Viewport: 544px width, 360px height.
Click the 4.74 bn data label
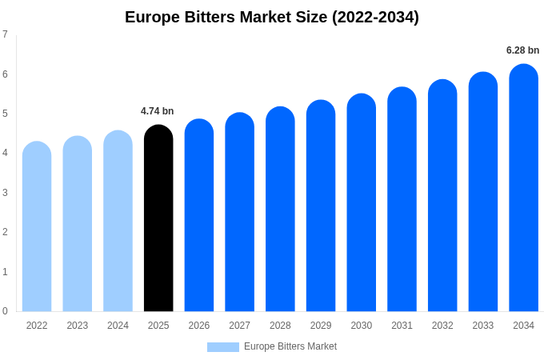click(157, 111)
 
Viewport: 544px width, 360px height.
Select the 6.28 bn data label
click(522, 50)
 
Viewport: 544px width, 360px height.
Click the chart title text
click(272, 17)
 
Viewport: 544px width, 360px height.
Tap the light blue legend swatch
click(222, 347)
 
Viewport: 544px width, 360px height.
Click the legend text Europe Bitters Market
click(290, 346)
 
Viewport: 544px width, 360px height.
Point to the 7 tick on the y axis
click(5, 34)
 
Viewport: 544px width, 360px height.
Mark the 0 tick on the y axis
click(5, 311)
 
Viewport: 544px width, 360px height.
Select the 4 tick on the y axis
click(5, 153)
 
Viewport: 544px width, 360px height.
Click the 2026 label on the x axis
click(199, 326)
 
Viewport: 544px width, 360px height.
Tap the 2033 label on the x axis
click(482, 326)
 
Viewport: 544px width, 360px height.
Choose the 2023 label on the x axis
click(78, 326)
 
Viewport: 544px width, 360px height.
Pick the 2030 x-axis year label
click(361, 326)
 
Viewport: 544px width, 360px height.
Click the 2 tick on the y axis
click(5, 232)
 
